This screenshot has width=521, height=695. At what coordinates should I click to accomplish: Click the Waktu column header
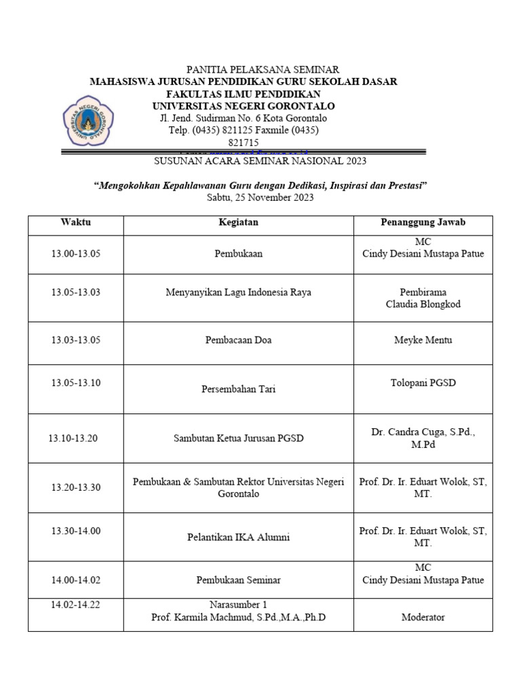pyautogui.click(x=75, y=223)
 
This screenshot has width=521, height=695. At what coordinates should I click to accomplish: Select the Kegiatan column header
pyautogui.click(x=238, y=223)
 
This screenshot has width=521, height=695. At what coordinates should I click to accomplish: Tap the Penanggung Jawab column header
pyautogui.click(x=423, y=223)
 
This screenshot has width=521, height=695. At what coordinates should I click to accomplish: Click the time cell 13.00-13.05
pyautogui.click(x=75, y=254)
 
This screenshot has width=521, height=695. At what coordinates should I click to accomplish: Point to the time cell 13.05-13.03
pyautogui.click(x=75, y=293)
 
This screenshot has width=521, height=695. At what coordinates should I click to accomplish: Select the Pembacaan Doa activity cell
pyautogui.click(x=238, y=340)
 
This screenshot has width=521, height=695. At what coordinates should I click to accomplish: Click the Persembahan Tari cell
pyautogui.click(x=238, y=390)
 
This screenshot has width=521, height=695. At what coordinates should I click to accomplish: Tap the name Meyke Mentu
pyautogui.click(x=423, y=340)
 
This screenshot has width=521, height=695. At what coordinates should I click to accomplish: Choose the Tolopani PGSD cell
pyautogui.click(x=423, y=383)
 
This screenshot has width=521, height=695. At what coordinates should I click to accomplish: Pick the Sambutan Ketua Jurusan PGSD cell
pyautogui.click(x=238, y=438)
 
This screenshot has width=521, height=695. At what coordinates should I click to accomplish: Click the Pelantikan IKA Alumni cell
pyautogui.click(x=238, y=538)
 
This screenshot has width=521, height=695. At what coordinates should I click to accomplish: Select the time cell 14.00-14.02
pyautogui.click(x=75, y=580)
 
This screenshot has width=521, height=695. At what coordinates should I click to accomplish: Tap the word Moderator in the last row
pyautogui.click(x=423, y=618)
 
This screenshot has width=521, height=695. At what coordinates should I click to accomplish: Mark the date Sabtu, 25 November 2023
pyautogui.click(x=260, y=198)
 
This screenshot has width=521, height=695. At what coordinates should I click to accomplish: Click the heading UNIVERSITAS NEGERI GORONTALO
pyautogui.click(x=244, y=106)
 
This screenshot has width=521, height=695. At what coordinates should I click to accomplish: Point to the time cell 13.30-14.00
pyautogui.click(x=75, y=531)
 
